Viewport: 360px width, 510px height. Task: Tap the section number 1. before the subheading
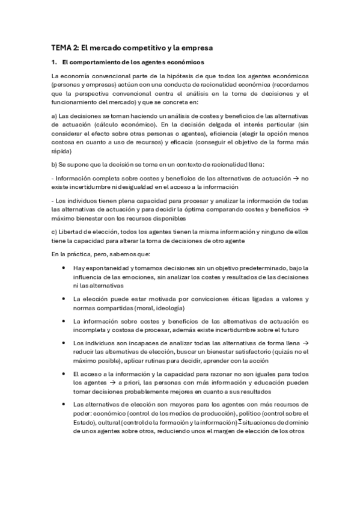point(54,62)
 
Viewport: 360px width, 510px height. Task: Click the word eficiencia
point(218,134)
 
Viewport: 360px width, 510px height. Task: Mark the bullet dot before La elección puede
point(63,299)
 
